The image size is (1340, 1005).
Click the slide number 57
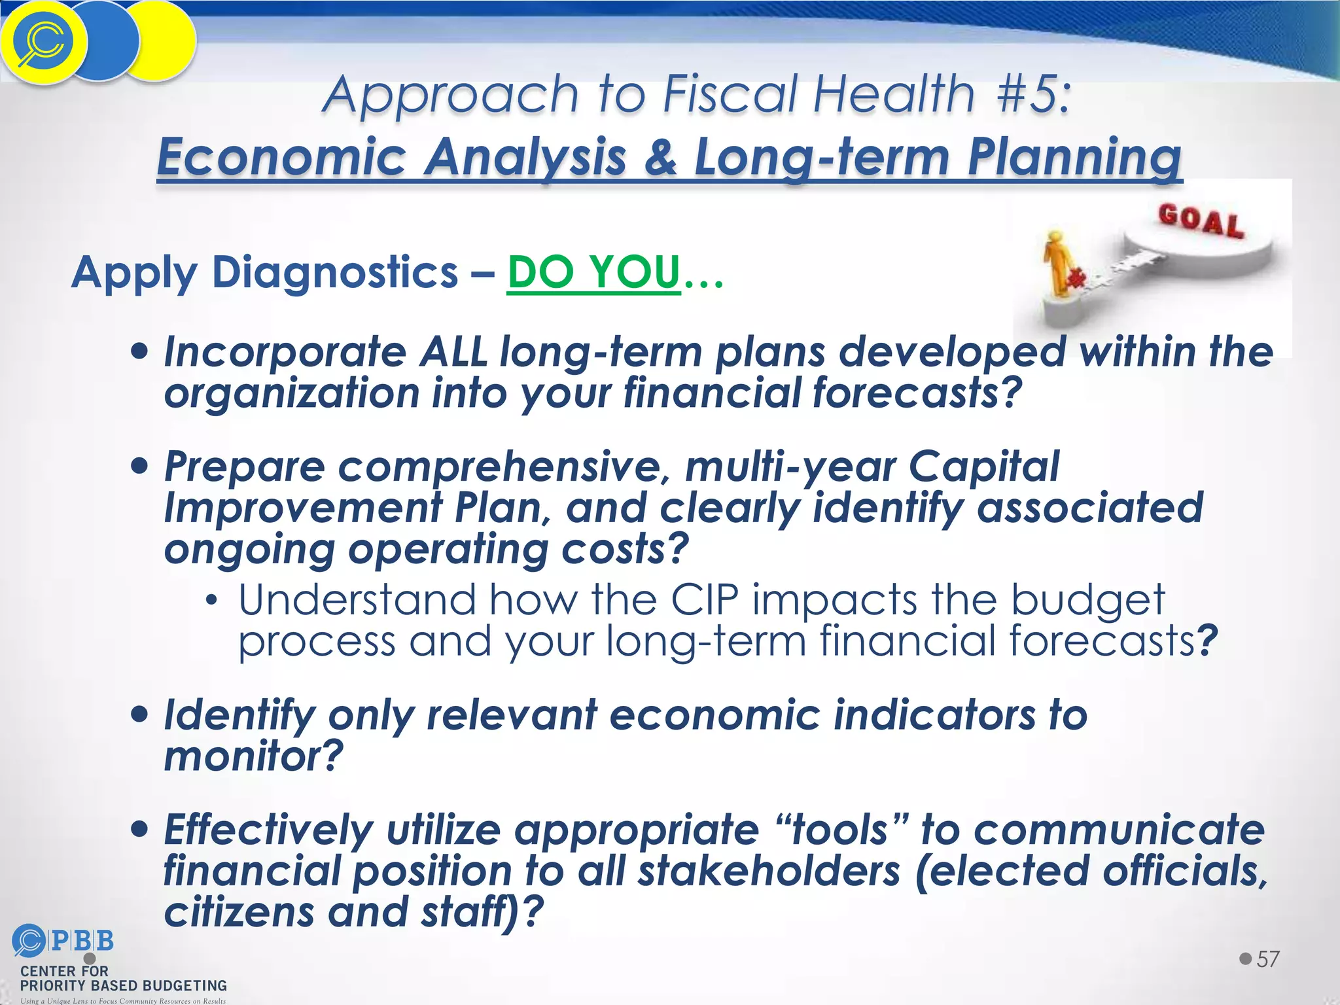point(1267,959)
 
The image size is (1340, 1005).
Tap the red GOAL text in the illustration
point(1201,220)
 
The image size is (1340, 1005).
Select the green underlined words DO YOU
point(593,272)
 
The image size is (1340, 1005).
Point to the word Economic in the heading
point(281,157)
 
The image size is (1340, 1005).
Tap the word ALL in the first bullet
point(453,352)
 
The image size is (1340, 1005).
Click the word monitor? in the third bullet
point(253,756)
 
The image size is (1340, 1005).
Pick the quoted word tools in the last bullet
point(839,830)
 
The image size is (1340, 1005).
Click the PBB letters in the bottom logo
point(82,941)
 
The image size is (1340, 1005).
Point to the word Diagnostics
point(335,272)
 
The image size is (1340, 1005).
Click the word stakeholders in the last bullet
point(769,871)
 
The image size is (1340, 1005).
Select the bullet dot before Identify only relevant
point(139,713)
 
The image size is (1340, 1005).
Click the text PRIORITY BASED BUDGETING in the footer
point(124,985)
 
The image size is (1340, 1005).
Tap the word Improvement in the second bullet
point(303,508)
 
